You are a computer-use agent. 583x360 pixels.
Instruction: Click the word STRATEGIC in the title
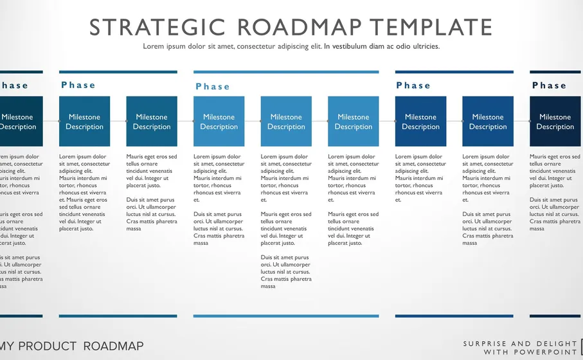(x=157, y=27)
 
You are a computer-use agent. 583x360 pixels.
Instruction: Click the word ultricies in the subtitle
(x=422, y=46)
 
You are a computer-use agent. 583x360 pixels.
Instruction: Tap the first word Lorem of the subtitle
(x=153, y=46)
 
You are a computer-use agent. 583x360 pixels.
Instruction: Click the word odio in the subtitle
(x=396, y=46)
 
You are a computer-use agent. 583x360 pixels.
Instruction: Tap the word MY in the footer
(x=8, y=346)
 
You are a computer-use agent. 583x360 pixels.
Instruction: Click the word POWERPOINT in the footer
(x=544, y=352)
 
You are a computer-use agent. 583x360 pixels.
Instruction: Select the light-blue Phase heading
(x=213, y=87)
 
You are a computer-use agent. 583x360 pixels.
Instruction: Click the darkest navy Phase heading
(x=549, y=85)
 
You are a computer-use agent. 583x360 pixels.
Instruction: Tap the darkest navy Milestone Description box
(x=555, y=122)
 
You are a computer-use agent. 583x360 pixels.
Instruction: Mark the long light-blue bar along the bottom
(x=286, y=316)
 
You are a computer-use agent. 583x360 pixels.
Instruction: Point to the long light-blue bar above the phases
(x=286, y=72)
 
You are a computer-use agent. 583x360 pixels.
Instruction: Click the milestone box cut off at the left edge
(x=19, y=122)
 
